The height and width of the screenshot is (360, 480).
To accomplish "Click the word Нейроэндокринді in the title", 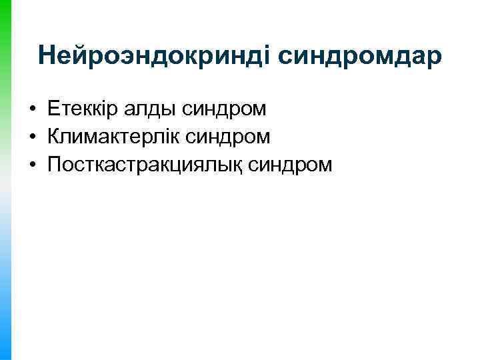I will click(153, 56).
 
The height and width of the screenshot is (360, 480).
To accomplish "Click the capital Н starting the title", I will click(47, 56).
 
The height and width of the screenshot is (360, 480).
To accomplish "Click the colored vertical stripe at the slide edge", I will click(6, 180).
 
